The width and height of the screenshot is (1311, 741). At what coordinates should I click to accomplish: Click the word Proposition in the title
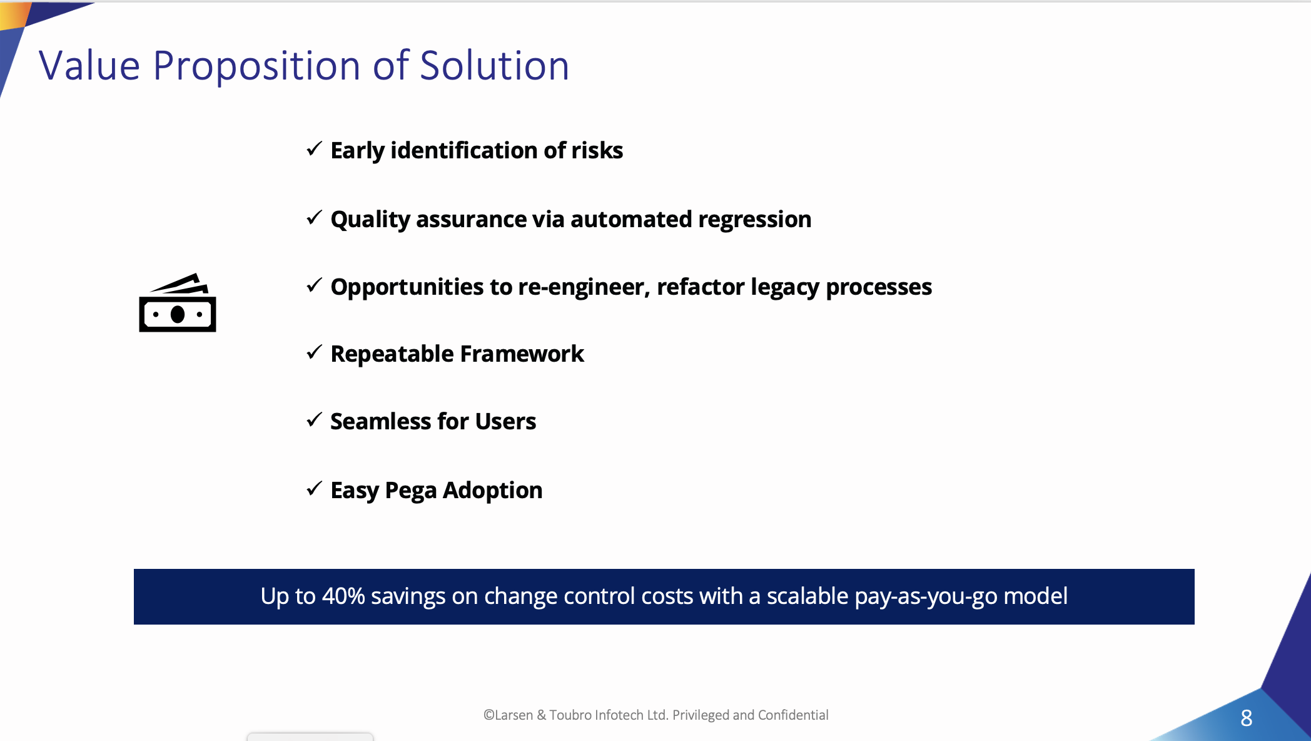click(256, 66)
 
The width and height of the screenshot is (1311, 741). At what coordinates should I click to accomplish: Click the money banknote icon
click(178, 302)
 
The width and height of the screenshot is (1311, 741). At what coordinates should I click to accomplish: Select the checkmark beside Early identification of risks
click(315, 149)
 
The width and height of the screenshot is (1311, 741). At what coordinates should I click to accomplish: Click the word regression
click(754, 220)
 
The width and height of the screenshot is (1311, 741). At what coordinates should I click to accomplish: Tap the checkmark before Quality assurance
click(315, 218)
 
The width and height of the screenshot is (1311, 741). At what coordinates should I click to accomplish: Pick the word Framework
click(522, 354)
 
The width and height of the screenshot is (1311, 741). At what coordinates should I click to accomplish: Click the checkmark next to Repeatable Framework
click(315, 352)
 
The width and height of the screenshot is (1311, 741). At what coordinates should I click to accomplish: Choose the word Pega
click(411, 491)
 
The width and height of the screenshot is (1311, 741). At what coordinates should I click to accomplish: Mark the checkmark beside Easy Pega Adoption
click(315, 488)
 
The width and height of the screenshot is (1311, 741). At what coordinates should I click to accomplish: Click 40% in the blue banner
click(343, 596)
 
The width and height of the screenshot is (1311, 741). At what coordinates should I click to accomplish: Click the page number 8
click(1247, 718)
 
